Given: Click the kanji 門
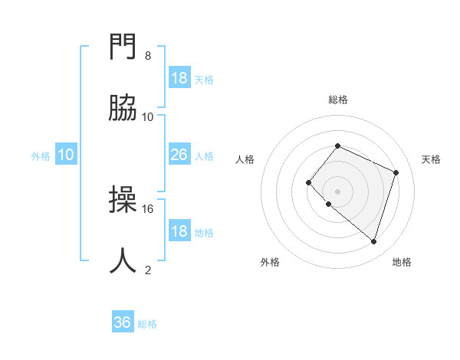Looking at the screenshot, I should (x=123, y=48).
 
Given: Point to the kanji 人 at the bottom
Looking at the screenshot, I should (x=123, y=260).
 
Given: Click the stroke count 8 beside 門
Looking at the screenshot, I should (x=148, y=56).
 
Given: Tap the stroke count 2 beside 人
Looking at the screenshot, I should (x=148, y=270).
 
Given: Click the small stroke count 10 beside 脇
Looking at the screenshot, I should (x=148, y=116).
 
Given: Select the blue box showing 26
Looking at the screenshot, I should (x=179, y=155).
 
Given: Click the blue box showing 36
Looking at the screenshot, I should (x=123, y=323).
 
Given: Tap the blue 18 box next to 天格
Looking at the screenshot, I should (x=179, y=78).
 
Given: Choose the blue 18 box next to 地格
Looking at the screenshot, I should (x=179, y=231).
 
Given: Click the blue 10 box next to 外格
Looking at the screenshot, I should (x=66, y=155).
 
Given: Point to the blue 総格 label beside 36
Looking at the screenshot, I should (x=147, y=324).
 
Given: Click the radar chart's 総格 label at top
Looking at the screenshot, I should (x=337, y=100).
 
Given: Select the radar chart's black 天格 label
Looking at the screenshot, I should (x=431, y=159).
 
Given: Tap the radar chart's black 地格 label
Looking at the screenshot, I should (x=402, y=262).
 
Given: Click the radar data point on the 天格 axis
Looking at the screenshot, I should (x=396, y=172).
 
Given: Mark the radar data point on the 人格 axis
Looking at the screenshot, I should (x=308, y=182).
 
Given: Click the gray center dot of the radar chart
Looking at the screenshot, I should (x=337, y=191).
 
